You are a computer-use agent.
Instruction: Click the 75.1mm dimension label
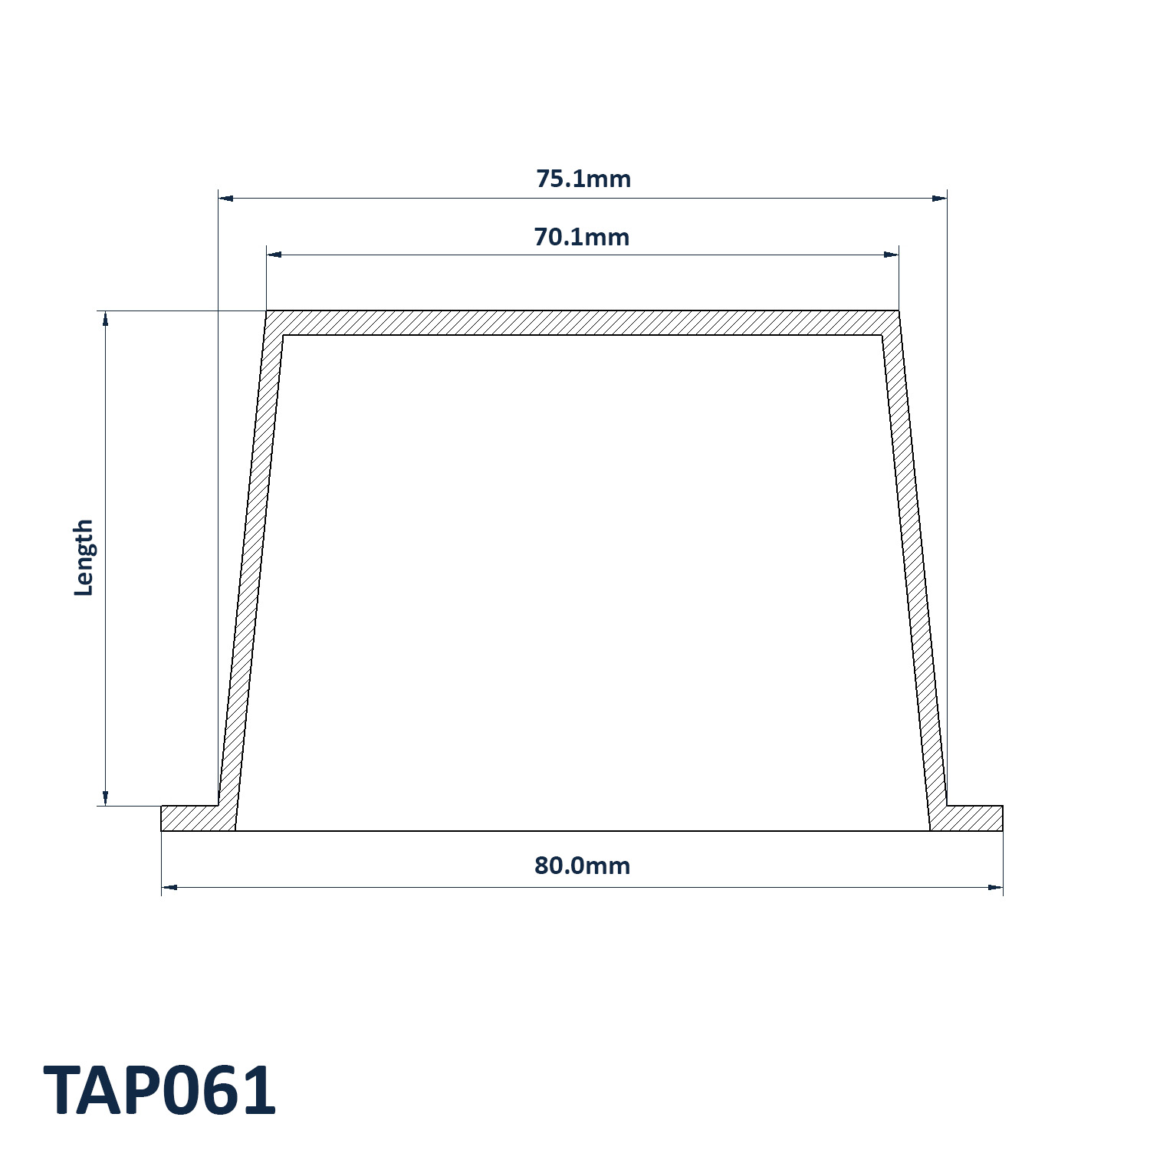pos(583,179)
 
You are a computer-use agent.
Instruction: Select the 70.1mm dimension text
pos(582,237)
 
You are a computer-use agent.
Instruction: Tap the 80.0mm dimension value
pos(582,866)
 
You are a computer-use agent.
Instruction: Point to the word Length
pos(83,557)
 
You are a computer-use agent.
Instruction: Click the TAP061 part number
pos(159,1090)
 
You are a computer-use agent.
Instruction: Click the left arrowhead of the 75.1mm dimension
pos(226,199)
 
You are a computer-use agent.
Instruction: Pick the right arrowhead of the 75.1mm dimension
pos(939,199)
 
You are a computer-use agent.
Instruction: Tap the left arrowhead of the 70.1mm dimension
pos(274,255)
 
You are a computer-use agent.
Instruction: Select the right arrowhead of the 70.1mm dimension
pos(891,255)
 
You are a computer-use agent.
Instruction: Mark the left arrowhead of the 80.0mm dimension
pos(169,888)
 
